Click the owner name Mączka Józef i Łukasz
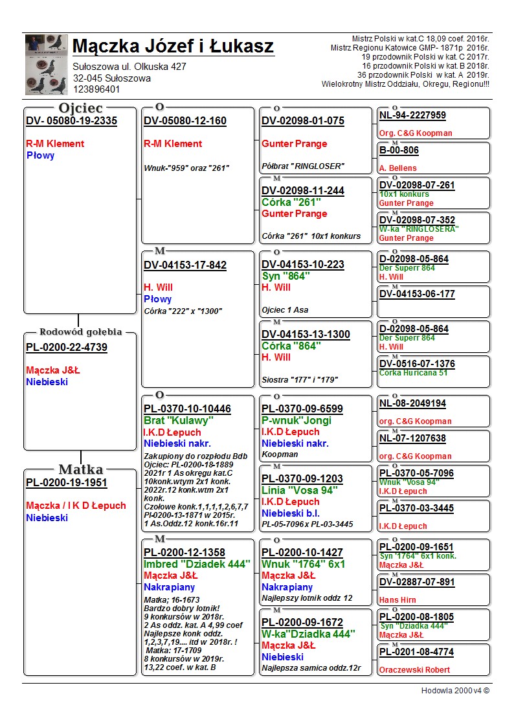pos(173,47)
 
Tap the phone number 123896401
pos(96,89)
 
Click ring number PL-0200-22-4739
pos(67,348)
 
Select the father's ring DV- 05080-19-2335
pos(71,121)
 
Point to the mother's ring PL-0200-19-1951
pos(67,483)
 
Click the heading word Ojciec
pos(80,108)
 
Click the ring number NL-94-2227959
pos(412,116)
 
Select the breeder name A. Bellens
pos(398,168)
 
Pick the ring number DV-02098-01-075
pos(303,121)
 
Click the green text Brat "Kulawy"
pos(178,421)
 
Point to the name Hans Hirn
pos(397,600)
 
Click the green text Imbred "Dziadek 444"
pos(197,565)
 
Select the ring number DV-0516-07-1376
pos(417,364)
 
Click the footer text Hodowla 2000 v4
pos(455,691)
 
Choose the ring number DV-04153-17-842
pos(185,265)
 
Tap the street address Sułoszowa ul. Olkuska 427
pos(129,67)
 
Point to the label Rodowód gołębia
pos(81,332)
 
